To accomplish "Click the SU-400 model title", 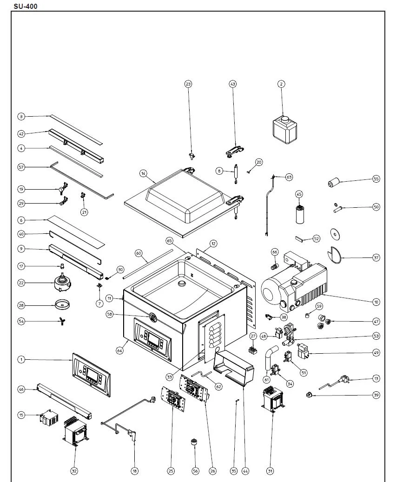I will (26, 6).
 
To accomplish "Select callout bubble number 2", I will (281, 84).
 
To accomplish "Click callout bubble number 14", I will (143, 173).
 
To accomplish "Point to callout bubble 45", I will (299, 194).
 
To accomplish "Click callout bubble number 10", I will (376, 302).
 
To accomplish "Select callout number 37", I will (376, 257).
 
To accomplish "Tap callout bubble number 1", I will (21, 359).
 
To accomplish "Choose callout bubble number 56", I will (195, 471).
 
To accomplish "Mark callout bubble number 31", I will (270, 471).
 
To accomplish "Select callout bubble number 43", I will (233, 84).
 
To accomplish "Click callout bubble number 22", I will (21, 283).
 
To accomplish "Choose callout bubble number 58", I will (110, 315).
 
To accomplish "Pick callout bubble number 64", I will (120, 351).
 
